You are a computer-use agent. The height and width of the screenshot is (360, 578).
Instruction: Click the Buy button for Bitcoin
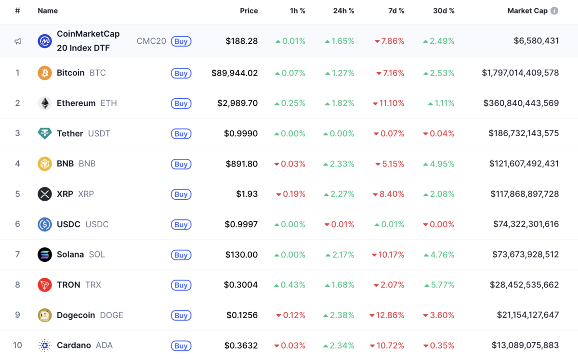[x=181, y=73]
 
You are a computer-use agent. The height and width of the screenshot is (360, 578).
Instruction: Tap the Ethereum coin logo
[x=45, y=103]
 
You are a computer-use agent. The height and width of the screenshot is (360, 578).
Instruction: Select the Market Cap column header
[x=527, y=11]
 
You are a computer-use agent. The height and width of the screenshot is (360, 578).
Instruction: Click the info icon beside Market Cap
[x=554, y=11]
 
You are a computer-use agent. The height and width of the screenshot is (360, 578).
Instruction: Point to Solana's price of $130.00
[x=241, y=255]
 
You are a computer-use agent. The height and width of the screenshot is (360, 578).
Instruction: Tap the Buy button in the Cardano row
[x=181, y=346]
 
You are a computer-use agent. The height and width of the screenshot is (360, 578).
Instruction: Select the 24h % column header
[x=343, y=11]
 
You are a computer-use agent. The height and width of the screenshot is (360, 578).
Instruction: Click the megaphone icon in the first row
[x=18, y=41]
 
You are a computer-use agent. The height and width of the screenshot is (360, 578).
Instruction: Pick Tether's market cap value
[x=524, y=133]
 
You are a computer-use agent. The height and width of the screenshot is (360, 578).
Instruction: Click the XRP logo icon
[x=45, y=194]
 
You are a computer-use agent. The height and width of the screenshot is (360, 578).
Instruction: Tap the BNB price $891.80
[x=241, y=164]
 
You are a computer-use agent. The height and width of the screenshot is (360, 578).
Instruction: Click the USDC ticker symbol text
[x=97, y=224]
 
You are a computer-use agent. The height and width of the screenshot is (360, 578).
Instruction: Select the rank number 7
[x=18, y=255]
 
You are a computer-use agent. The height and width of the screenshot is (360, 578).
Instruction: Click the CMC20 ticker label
[x=151, y=41]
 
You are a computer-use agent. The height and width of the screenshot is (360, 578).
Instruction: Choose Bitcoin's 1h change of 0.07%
[x=290, y=73]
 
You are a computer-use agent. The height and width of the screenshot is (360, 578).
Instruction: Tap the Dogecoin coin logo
[x=45, y=315]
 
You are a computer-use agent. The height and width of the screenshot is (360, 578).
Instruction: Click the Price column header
[x=249, y=11]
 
